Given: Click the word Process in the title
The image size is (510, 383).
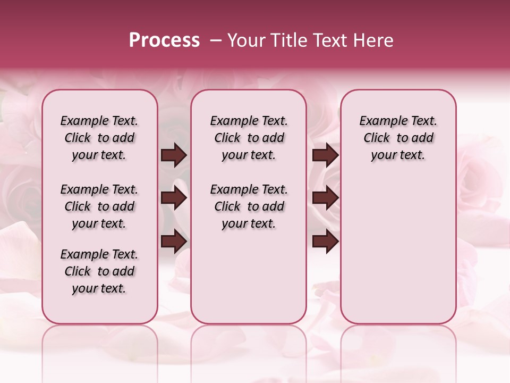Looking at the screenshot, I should click(164, 40).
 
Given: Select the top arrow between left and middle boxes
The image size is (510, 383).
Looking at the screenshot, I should click(174, 155).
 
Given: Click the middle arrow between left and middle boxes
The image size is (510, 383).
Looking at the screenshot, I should click(174, 198).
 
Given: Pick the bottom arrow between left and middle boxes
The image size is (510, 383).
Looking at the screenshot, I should click(174, 242).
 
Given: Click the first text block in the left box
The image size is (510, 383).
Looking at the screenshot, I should click(99, 138).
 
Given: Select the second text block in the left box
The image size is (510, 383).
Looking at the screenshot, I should click(99, 206).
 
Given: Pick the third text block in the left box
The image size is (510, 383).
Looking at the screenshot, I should click(99, 271).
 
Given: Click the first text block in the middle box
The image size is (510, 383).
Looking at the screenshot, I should click(249, 138).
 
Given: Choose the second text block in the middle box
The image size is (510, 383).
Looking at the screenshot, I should click(249, 206).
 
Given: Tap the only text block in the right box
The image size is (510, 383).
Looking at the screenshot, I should click(398, 138).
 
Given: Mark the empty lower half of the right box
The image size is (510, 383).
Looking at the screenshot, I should click(398, 255).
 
